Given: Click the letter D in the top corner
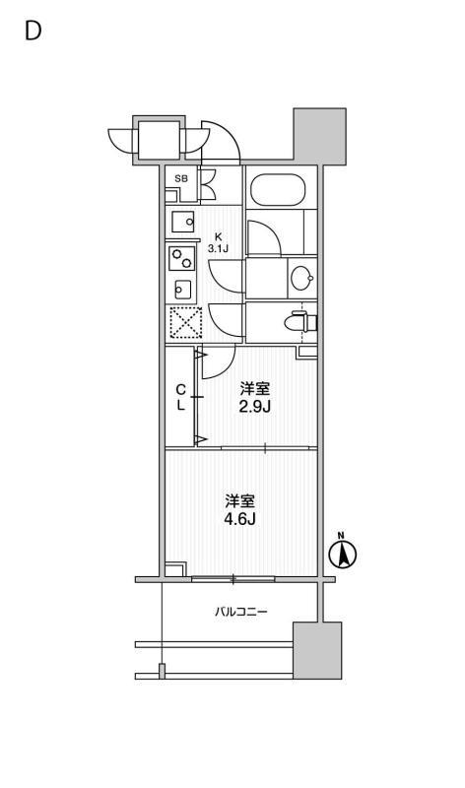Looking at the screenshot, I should [33, 31].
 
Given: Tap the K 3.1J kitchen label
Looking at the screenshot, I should [219, 242].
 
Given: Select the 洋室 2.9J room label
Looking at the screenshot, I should [253, 396].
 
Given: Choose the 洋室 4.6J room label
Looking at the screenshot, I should [240, 509].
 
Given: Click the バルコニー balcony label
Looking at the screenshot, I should [241, 612].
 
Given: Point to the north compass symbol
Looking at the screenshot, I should [342, 555].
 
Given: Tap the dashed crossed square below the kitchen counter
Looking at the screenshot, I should [184, 322].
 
